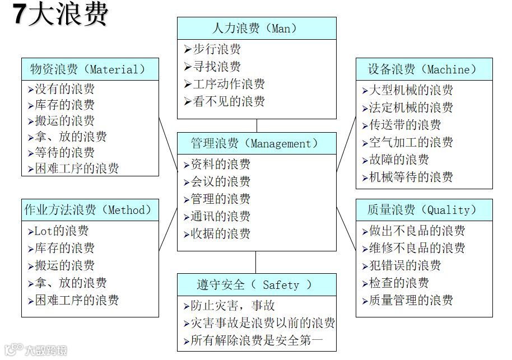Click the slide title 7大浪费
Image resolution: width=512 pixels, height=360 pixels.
click(60, 16)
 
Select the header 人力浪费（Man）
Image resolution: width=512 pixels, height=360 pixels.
click(256, 28)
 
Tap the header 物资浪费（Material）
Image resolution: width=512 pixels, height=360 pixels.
click(90, 69)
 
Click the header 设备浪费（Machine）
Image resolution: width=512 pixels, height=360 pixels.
click(424, 69)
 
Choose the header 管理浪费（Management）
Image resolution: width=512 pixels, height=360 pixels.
click(256, 143)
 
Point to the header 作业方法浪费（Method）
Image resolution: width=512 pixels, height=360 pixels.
click(90, 210)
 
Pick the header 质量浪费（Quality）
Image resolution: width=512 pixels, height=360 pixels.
click(424, 210)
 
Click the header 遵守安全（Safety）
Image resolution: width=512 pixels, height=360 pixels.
click(256, 284)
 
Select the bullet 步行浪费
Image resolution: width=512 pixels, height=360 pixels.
click(217, 49)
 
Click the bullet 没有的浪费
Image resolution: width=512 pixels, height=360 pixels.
click(64, 89)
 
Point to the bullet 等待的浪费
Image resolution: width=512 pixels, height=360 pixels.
click(64, 152)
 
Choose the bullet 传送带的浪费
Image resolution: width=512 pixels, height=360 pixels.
click(405, 125)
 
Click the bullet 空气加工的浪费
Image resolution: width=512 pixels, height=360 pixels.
click(411, 142)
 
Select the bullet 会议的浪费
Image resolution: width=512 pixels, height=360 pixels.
click(220, 181)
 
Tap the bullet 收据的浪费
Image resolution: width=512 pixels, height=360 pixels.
click(220, 233)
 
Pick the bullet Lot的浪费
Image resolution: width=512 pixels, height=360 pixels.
click(62, 231)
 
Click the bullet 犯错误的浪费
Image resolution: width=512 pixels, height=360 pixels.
click(405, 265)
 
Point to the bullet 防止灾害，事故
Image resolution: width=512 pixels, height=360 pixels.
click(232, 306)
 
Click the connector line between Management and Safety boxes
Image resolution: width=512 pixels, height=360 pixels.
click(256, 262)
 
